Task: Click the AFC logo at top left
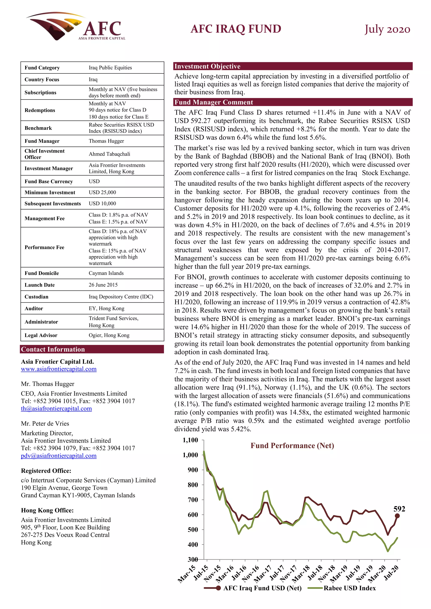pyautogui.click(x=76, y=26)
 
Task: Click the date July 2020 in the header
pyautogui.click(x=387, y=29)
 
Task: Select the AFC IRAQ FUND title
pyautogui.click(x=236, y=29)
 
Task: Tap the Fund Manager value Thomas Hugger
pyautogui.click(x=106, y=141)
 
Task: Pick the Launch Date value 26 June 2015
pyautogui.click(x=103, y=285)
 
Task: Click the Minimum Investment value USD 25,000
pyautogui.click(x=102, y=192)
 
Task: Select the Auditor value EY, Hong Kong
pyautogui.click(x=106, y=308)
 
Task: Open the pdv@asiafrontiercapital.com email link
pyautogui.click(x=59, y=456)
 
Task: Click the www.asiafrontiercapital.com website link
pyautogui.click(x=59, y=369)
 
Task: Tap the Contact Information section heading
pyautogui.click(x=53, y=349)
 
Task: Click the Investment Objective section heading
pyautogui.click(x=207, y=66)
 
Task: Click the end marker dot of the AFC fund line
pyautogui.click(x=397, y=516)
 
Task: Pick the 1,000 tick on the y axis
pyautogui.click(x=190, y=455)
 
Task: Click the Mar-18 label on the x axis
pyautogui.click(x=301, y=573)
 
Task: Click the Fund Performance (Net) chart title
pyautogui.click(x=292, y=446)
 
